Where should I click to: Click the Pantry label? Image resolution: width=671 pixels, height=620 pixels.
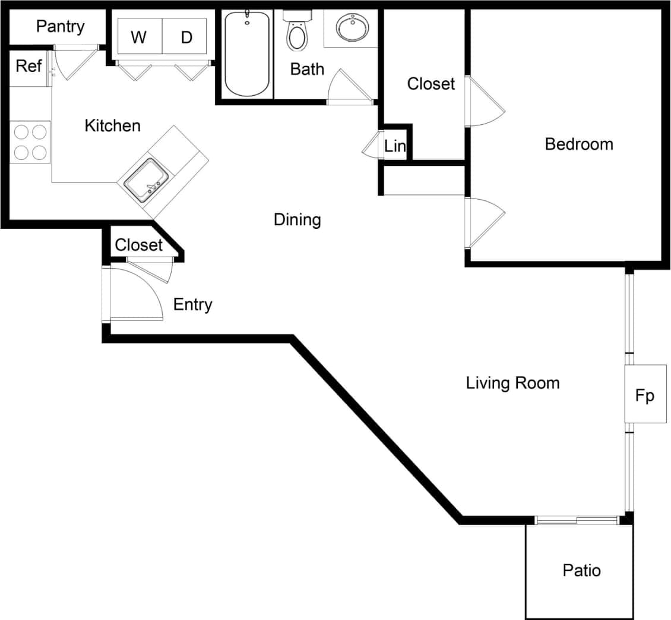[x=60, y=27]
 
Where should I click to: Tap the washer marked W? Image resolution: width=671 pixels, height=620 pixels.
[x=138, y=37]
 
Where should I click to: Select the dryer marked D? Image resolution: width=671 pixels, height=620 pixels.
[x=186, y=37]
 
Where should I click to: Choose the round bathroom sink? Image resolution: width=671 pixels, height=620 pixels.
[x=352, y=27]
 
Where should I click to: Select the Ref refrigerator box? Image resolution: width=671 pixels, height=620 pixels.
[x=29, y=66]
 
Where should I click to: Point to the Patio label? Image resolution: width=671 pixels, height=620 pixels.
[x=581, y=571]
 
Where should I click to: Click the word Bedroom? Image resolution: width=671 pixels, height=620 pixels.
[x=579, y=144]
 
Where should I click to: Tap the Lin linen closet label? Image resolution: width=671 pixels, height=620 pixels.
[x=395, y=146]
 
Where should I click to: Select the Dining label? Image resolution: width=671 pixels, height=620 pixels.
[x=297, y=220]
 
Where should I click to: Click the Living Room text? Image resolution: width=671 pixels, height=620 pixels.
[x=512, y=383]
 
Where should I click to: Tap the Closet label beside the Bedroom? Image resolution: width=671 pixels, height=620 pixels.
[x=431, y=84]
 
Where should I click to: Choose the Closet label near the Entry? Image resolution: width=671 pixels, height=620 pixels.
[x=138, y=245]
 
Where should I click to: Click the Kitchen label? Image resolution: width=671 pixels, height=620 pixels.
[x=113, y=125]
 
